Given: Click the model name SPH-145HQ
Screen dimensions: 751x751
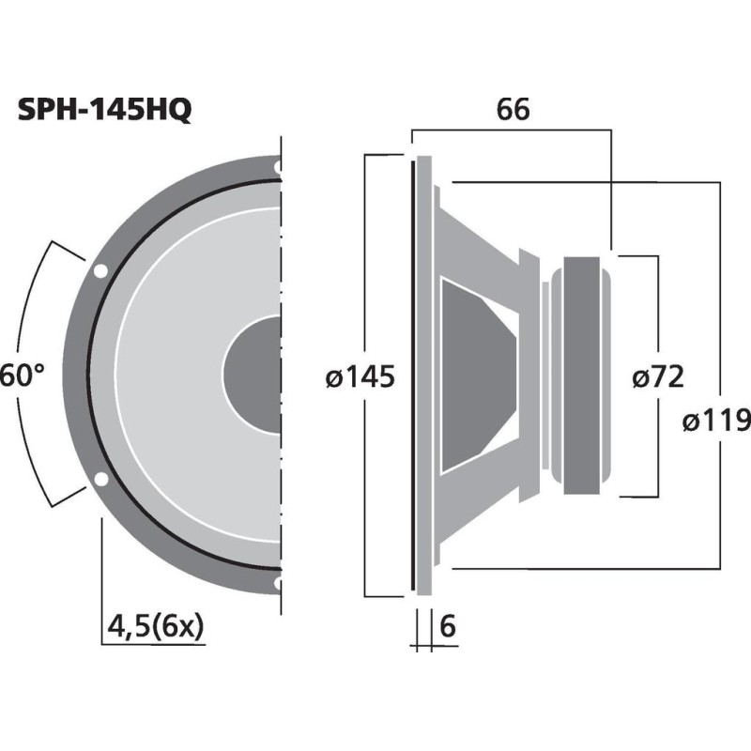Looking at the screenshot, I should [x=105, y=111].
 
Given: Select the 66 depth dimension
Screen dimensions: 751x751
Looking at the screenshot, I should [x=513, y=110].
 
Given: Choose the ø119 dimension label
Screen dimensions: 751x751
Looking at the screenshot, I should [x=718, y=420].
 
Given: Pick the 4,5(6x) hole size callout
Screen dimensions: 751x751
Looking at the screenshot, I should [x=156, y=625].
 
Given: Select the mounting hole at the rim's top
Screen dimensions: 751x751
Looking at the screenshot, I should [x=278, y=168].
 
